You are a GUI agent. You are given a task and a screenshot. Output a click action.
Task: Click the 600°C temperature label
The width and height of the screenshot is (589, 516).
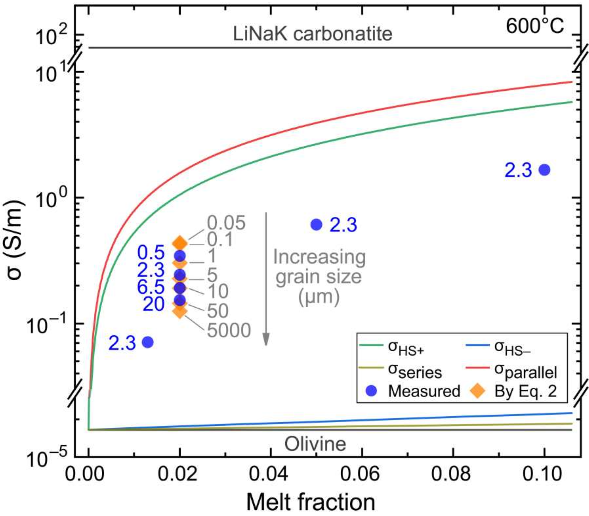click(534, 26)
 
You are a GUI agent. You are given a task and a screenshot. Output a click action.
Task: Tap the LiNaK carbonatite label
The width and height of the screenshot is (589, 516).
click(312, 34)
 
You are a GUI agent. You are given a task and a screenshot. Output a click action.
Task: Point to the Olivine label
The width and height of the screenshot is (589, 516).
click(315, 444)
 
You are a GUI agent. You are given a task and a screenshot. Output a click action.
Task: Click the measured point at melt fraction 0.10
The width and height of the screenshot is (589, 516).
click(544, 170)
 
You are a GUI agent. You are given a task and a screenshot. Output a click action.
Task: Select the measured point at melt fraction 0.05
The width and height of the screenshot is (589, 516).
click(316, 225)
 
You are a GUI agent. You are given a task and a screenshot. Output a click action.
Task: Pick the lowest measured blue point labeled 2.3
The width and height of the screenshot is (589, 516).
click(148, 342)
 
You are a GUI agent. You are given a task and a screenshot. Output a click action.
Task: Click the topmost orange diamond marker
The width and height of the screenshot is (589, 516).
click(180, 243)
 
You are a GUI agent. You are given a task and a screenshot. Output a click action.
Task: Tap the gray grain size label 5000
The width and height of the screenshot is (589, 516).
click(229, 330)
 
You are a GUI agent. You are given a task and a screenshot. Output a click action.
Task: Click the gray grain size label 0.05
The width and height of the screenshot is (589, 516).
click(226, 223)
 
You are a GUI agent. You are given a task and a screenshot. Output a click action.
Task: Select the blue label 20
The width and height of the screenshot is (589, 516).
click(153, 304)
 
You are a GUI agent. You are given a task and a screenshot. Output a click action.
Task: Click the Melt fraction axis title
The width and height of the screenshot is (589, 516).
click(310, 503)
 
